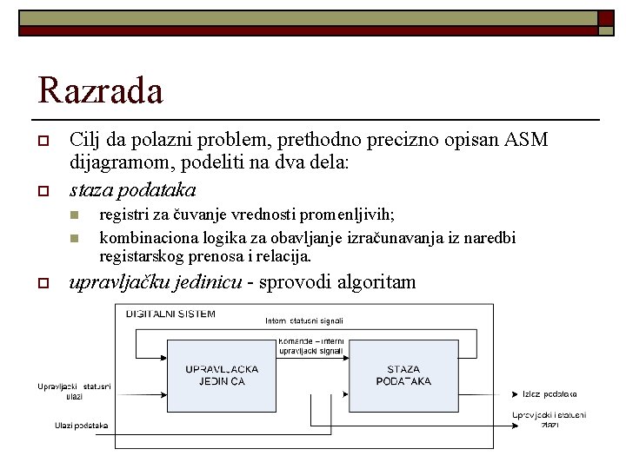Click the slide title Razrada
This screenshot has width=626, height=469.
(100, 89)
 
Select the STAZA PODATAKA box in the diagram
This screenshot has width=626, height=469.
(403, 375)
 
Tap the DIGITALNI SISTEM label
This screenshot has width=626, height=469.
(170, 314)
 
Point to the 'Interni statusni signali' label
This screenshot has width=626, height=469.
(304, 322)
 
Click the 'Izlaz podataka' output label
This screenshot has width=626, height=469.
(549, 394)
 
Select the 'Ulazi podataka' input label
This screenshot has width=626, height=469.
(81, 425)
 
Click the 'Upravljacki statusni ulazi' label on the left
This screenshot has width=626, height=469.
(74, 391)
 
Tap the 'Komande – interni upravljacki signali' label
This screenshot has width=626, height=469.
(311, 347)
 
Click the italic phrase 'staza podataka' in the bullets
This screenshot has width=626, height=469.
(132, 189)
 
